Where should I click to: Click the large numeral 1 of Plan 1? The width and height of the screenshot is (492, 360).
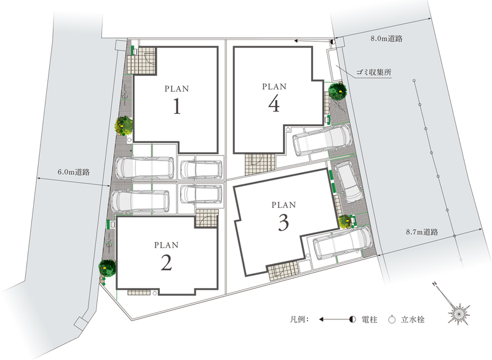177,106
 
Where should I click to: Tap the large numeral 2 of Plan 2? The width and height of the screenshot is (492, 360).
166,262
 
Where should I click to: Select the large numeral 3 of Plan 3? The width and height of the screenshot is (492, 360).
284,223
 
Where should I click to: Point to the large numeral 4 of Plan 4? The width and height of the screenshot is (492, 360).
274,104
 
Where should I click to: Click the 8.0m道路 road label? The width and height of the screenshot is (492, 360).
386,39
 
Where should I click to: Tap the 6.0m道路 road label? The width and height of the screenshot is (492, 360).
74,172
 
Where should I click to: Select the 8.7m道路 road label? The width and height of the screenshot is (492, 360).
422,232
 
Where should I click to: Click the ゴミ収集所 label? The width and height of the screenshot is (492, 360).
374,72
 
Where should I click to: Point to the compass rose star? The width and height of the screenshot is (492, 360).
459,313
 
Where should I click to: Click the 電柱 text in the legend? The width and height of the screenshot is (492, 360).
370,320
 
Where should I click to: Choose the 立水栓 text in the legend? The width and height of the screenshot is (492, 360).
413,320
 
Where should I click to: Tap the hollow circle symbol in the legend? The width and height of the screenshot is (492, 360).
392,320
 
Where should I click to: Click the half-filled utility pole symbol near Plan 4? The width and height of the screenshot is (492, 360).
333,41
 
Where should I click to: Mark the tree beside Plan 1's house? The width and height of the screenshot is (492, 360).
124,126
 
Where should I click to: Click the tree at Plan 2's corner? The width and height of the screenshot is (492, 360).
107,268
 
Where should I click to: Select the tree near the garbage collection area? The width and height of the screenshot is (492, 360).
338,90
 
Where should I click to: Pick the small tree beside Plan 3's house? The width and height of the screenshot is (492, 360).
346,222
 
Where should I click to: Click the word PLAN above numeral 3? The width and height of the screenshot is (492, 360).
284,205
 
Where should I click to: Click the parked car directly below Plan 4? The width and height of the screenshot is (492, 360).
322,140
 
